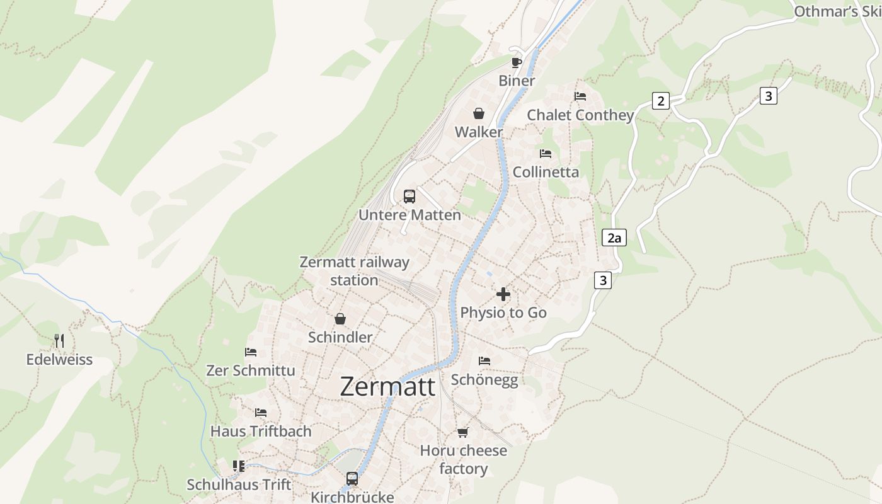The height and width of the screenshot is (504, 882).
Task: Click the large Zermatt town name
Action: (387, 386)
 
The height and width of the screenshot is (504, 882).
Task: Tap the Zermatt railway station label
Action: (354, 271)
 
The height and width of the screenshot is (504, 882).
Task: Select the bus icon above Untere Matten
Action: (409, 197)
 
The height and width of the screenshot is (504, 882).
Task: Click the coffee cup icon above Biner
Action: (517, 62)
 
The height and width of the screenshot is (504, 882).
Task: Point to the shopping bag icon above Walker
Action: (479, 113)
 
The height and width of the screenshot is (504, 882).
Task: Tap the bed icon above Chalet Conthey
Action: (580, 96)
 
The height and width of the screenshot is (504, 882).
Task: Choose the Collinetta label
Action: (546, 172)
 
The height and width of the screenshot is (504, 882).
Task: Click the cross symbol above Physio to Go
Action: (503, 294)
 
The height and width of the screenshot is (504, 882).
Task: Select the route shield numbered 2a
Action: (614, 238)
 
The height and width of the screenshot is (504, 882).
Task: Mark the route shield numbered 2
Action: (660, 100)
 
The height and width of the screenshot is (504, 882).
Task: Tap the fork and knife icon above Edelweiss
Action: (59, 341)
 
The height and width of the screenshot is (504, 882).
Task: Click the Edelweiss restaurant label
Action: (59, 360)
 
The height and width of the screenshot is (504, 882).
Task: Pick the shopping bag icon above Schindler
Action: (340, 319)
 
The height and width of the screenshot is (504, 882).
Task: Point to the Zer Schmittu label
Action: (251, 370)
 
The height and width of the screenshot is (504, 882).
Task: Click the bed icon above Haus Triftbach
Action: (261, 413)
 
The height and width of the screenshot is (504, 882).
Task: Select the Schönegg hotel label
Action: (484, 380)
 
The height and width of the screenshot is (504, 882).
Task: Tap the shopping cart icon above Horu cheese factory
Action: (463, 432)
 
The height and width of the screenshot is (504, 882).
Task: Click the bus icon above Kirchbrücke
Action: (352, 479)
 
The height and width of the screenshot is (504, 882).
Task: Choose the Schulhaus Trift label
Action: (239, 484)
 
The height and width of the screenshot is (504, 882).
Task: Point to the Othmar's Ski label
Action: (837, 11)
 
